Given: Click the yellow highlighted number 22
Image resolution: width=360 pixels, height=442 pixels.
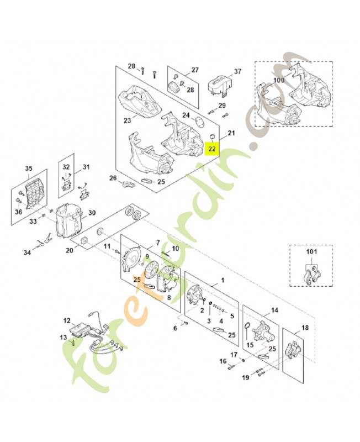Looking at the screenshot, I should (213, 149).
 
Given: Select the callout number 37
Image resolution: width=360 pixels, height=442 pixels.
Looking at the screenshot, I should (237, 72).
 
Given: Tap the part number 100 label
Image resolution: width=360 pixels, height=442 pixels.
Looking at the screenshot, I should (279, 81).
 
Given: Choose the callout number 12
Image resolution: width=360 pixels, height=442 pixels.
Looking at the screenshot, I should (67, 320).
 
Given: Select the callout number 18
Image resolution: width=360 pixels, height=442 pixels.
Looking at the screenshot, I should (305, 328).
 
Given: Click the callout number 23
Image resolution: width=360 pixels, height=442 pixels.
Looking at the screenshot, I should (127, 120).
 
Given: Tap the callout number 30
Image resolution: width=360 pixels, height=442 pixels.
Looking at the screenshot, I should (92, 213).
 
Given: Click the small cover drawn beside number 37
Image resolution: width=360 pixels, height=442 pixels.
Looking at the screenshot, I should (218, 85).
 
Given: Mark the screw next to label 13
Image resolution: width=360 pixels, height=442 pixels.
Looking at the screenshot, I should (73, 343).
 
